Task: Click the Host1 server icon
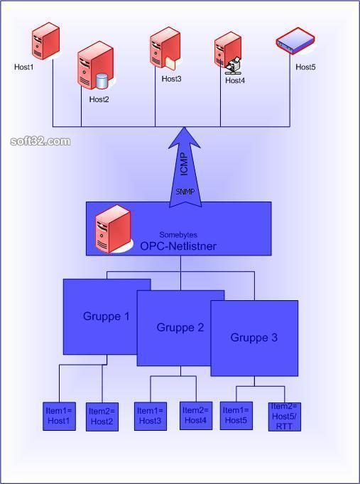[45, 40]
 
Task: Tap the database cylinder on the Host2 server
[102, 81]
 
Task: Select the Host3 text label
[171, 79]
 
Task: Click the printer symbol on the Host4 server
[233, 65]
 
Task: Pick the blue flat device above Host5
[295, 40]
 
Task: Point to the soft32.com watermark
[40, 141]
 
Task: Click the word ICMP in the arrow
[184, 164]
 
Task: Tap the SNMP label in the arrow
[185, 192]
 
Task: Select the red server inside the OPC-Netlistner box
[113, 229]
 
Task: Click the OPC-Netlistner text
[178, 246]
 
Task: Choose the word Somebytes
[178, 235]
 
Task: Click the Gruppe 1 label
[107, 317]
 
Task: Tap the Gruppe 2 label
[180, 327]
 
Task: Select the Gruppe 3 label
[253, 337]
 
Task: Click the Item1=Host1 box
[59, 416]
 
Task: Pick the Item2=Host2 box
[102, 417]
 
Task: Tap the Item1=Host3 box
[151, 416]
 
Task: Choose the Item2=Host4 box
[196, 415]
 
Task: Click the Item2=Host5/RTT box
[284, 417]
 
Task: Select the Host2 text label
[99, 99]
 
